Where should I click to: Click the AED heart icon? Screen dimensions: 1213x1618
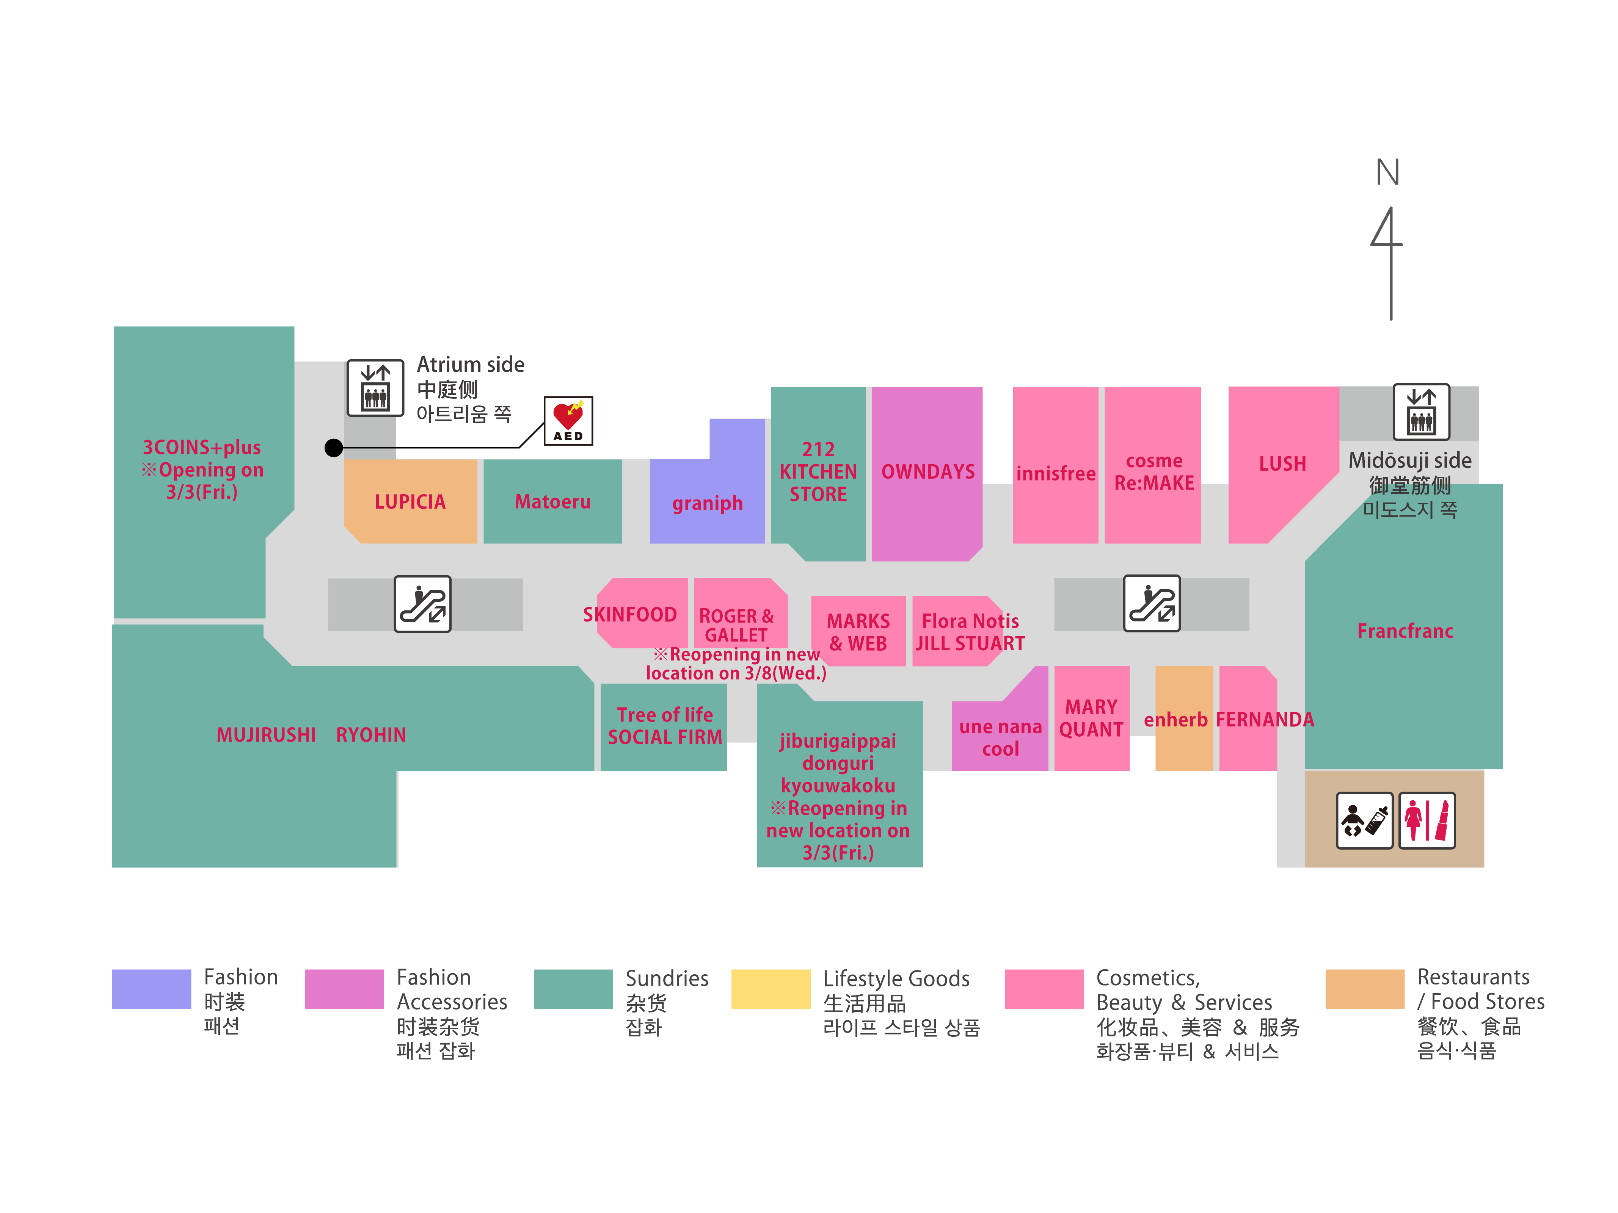(x=568, y=420)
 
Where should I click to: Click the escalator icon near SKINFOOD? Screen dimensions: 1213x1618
(x=423, y=604)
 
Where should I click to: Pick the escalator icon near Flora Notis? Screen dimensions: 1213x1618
(x=1152, y=604)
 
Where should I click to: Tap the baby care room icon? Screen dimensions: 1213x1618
(x=1364, y=820)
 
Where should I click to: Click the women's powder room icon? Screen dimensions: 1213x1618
(x=1427, y=820)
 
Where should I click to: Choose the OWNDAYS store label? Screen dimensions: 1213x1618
(x=927, y=472)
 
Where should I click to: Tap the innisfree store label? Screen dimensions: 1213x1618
(x=1056, y=474)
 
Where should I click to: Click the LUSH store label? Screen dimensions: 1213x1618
(x=1282, y=463)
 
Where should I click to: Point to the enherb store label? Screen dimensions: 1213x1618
(x=1175, y=720)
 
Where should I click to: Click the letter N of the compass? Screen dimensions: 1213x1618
(x=1387, y=172)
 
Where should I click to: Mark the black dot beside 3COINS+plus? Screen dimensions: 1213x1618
(x=334, y=448)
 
